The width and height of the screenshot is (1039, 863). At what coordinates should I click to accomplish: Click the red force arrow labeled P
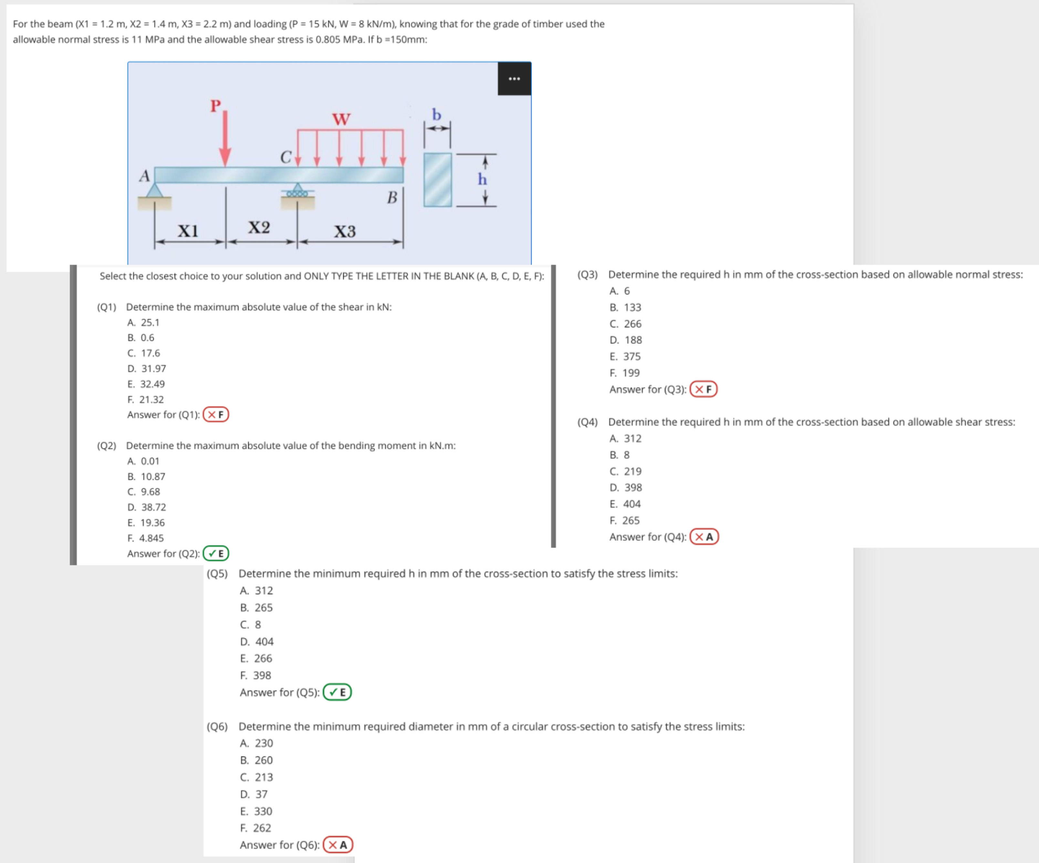click(x=225, y=139)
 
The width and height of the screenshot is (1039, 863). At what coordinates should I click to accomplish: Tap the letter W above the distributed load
click(x=341, y=119)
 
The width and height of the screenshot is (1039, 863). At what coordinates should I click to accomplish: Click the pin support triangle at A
click(x=155, y=191)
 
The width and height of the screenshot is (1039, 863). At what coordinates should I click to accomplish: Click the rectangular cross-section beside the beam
click(x=437, y=180)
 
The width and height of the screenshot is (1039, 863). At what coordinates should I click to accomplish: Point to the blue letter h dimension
click(x=482, y=179)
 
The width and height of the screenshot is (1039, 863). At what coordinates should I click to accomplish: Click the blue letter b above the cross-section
click(x=436, y=115)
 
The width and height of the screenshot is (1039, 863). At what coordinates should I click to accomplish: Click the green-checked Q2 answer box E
click(x=216, y=553)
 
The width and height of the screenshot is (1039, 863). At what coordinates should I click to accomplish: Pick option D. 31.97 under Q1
click(x=146, y=368)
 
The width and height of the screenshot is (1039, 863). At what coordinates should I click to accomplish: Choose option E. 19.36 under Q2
click(x=146, y=523)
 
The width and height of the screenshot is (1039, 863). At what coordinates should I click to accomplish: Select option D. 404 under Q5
click(x=256, y=641)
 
